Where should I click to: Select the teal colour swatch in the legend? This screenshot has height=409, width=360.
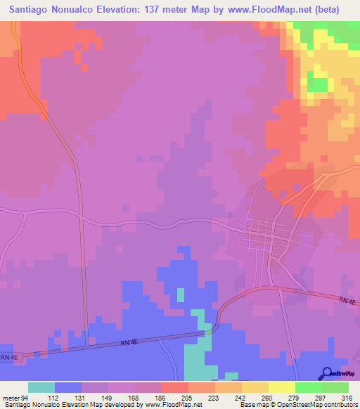click(x=41, y=387)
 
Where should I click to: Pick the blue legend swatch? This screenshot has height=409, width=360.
click(x=68, y=387)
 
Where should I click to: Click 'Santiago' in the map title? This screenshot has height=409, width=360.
click(x=32, y=10)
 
